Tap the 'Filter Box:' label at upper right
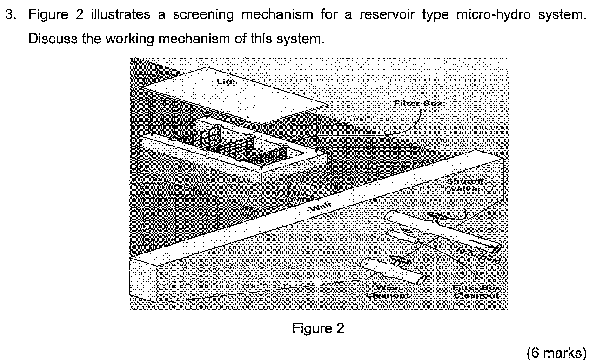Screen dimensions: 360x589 click(419, 103)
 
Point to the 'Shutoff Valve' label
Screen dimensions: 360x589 click(463, 185)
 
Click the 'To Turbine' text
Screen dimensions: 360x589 click(478, 255)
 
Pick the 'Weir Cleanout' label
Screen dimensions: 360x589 click(387, 291)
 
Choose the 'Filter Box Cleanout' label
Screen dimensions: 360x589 click(476, 291)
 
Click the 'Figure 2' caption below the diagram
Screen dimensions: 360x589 click(318, 329)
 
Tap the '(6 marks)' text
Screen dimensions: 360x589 click(556, 353)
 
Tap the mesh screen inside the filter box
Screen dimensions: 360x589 click(233, 147)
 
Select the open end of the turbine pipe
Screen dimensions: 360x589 click(497, 247)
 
